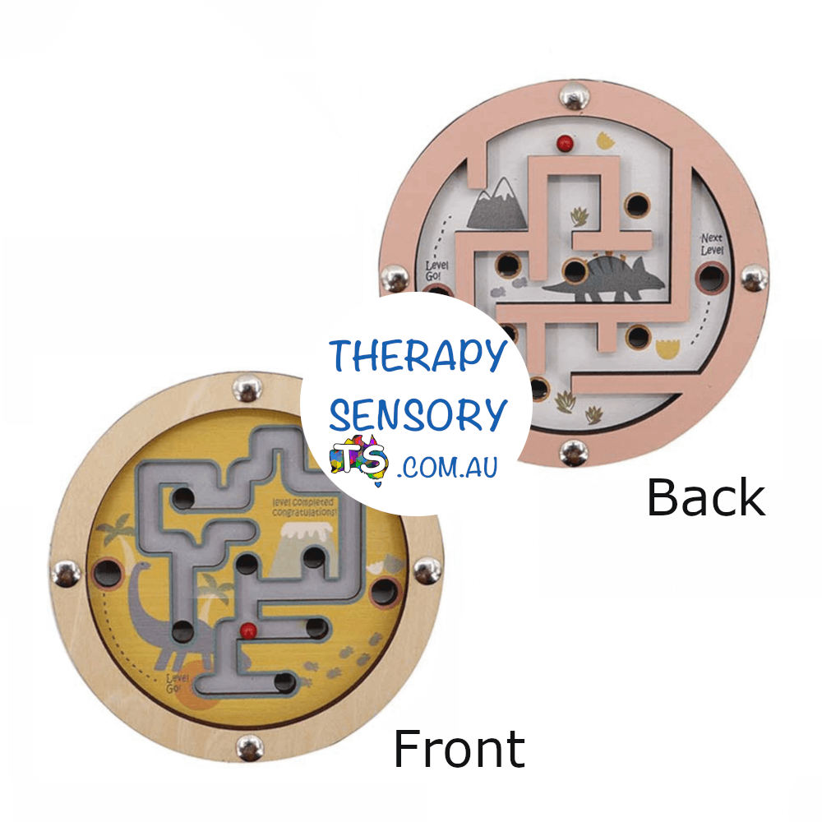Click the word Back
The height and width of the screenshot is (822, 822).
click(705, 497)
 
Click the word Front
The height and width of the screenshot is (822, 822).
click(459, 748)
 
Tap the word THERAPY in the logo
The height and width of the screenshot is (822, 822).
click(418, 356)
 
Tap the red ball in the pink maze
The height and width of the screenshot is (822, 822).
click(565, 142)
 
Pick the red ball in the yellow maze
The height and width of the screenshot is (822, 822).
click(245, 630)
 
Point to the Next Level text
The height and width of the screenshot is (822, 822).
click(712, 244)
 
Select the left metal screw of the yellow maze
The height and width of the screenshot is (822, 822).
click(65, 573)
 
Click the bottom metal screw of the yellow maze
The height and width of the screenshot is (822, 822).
click(249, 748)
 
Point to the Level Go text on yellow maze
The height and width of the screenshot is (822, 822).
click(178, 682)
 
